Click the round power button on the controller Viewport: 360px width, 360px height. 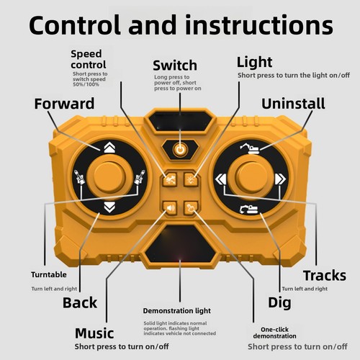(180, 150)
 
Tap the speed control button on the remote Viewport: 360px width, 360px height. (170, 179)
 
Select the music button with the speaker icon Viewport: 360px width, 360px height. (170, 207)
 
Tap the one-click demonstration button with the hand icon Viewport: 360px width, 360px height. (191, 207)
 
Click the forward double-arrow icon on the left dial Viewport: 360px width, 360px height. (109, 148)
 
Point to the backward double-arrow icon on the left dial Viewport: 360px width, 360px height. (109, 207)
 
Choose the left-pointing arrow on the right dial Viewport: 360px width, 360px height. (220, 179)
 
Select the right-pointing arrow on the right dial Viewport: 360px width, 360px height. (281, 179)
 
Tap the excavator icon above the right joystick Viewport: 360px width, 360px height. (250, 149)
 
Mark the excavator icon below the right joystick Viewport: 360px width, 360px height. (249, 210)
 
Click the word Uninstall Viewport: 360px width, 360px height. (293, 104)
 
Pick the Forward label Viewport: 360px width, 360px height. (64, 104)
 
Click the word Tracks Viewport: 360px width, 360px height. (325, 276)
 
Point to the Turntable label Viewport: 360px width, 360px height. (49, 274)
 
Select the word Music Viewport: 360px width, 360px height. (94, 333)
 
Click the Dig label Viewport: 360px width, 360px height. (279, 303)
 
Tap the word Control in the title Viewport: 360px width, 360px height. (75, 25)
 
